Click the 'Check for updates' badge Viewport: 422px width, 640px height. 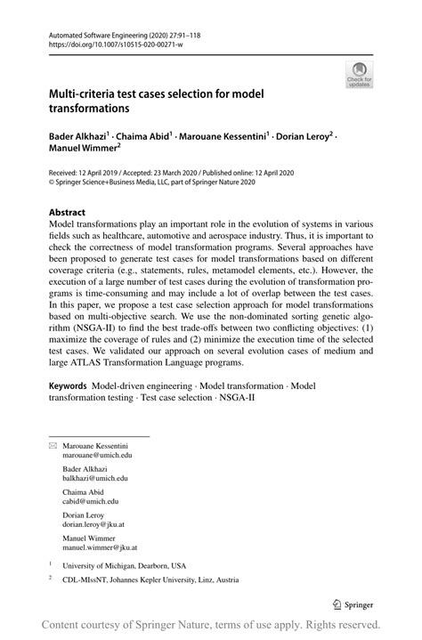(360, 74)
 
